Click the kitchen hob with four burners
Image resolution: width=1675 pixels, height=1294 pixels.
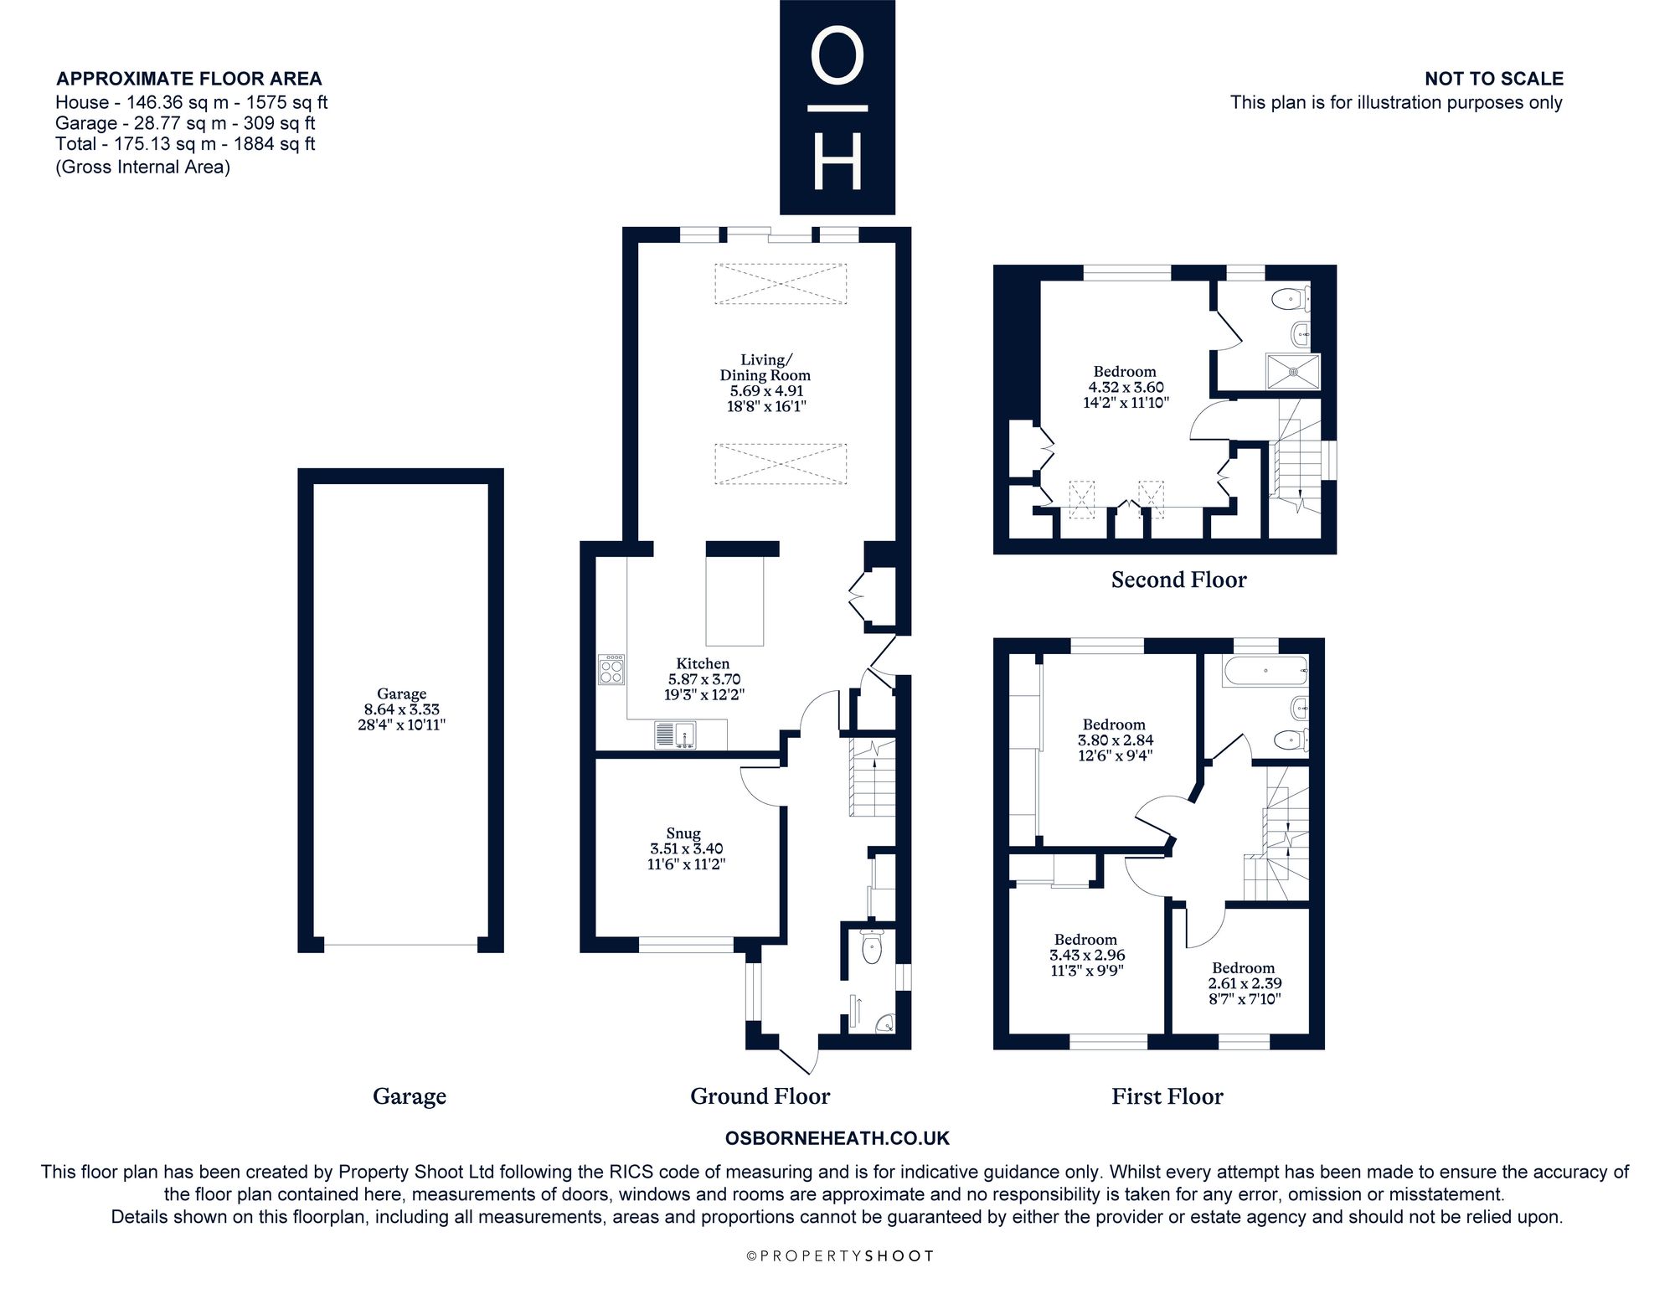[612, 670]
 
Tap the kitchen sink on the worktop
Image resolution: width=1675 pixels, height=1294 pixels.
[676, 735]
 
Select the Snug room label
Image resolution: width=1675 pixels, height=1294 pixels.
[683, 833]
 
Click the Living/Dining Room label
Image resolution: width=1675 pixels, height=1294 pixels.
[765, 368]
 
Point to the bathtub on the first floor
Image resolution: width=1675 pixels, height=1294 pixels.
[1265, 671]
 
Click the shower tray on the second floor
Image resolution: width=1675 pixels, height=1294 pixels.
[1293, 371]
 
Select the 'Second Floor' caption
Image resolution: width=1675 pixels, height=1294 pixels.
[1178, 580]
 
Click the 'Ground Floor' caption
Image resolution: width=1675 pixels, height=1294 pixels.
[760, 1096]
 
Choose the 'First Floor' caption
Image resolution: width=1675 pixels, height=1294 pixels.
[1167, 1096]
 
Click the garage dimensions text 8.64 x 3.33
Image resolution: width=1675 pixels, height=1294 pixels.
[401, 709]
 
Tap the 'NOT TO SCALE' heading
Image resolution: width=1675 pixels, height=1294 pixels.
[1494, 79]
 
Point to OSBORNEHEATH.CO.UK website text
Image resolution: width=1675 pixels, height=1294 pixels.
[837, 1138]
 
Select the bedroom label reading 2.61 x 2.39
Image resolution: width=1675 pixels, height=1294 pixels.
[1243, 983]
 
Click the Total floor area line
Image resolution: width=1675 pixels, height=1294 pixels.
[185, 143]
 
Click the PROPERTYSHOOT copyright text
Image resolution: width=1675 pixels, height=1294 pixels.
[838, 1256]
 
